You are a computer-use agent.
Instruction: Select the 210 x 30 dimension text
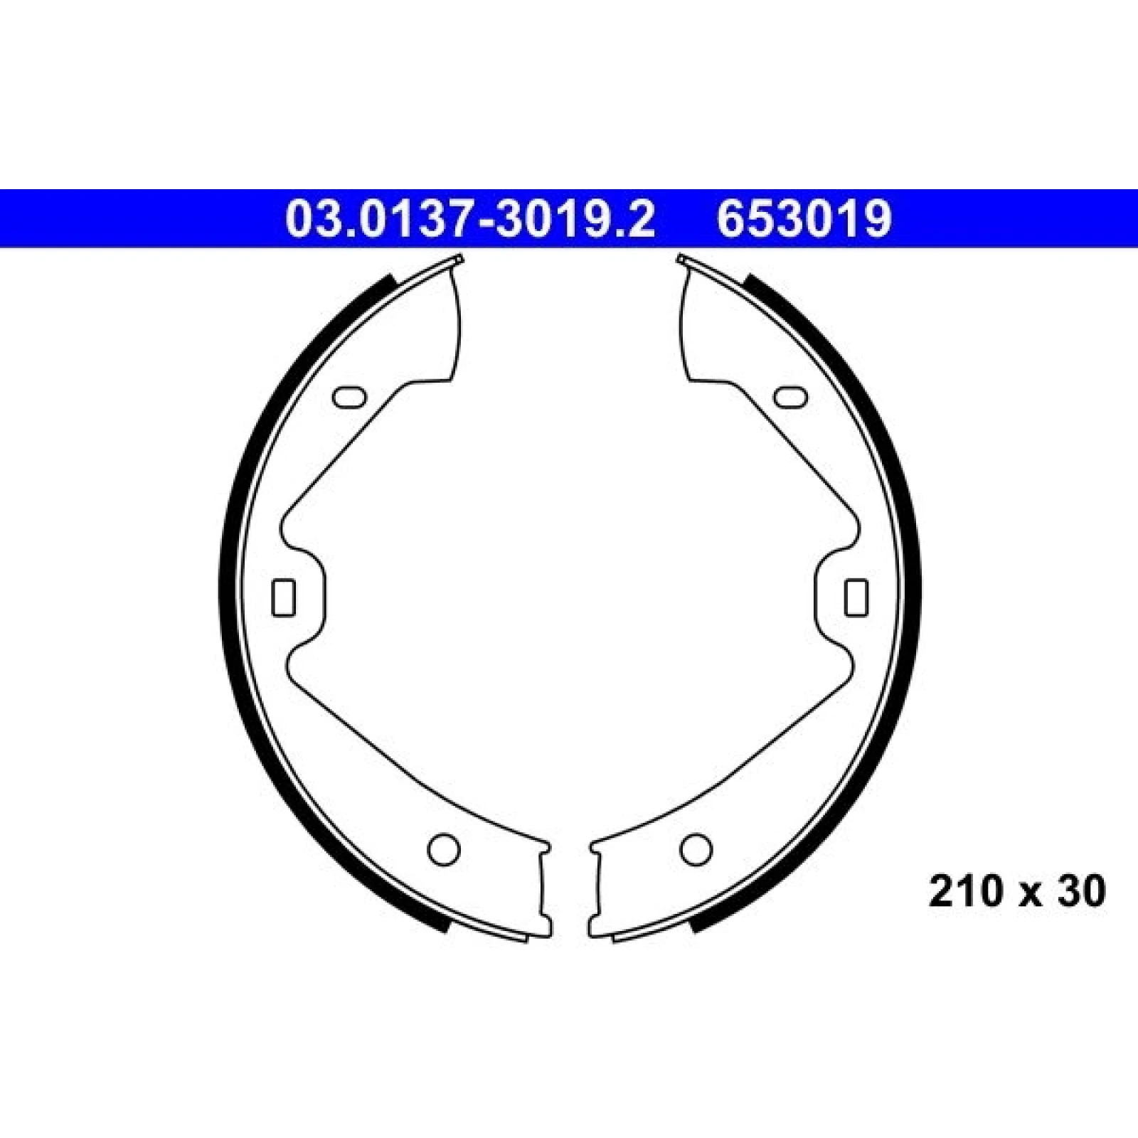(x=1018, y=891)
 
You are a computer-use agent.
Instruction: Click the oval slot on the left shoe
(x=349, y=397)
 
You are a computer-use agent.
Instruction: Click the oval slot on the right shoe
(x=789, y=397)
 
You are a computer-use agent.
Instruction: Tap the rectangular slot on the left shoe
(x=284, y=597)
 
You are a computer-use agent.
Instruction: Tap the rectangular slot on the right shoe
(x=856, y=597)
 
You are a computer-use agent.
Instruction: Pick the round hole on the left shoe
(x=443, y=848)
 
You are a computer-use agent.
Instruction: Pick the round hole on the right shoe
(x=696, y=848)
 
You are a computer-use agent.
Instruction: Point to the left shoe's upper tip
(x=459, y=258)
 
